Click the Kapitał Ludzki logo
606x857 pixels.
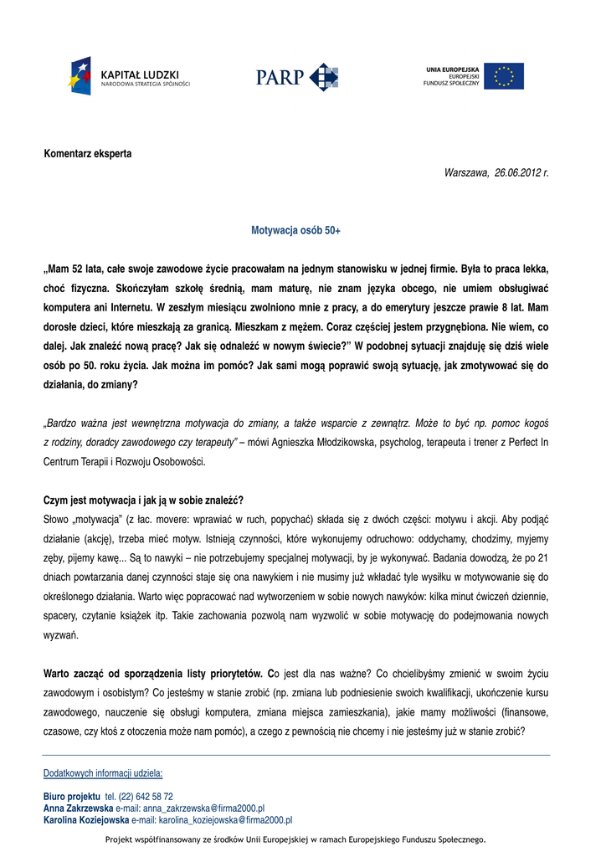(130, 76)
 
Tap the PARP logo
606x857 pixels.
(297, 76)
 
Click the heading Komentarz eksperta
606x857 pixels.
(88, 154)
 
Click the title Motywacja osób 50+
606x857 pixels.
(296, 229)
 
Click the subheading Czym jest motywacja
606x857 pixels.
(143, 500)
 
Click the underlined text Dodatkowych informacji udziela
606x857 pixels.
(103, 773)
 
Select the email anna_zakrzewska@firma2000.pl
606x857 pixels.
(203, 808)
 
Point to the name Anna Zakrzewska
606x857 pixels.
(78, 808)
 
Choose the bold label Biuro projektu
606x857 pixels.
(72, 797)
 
